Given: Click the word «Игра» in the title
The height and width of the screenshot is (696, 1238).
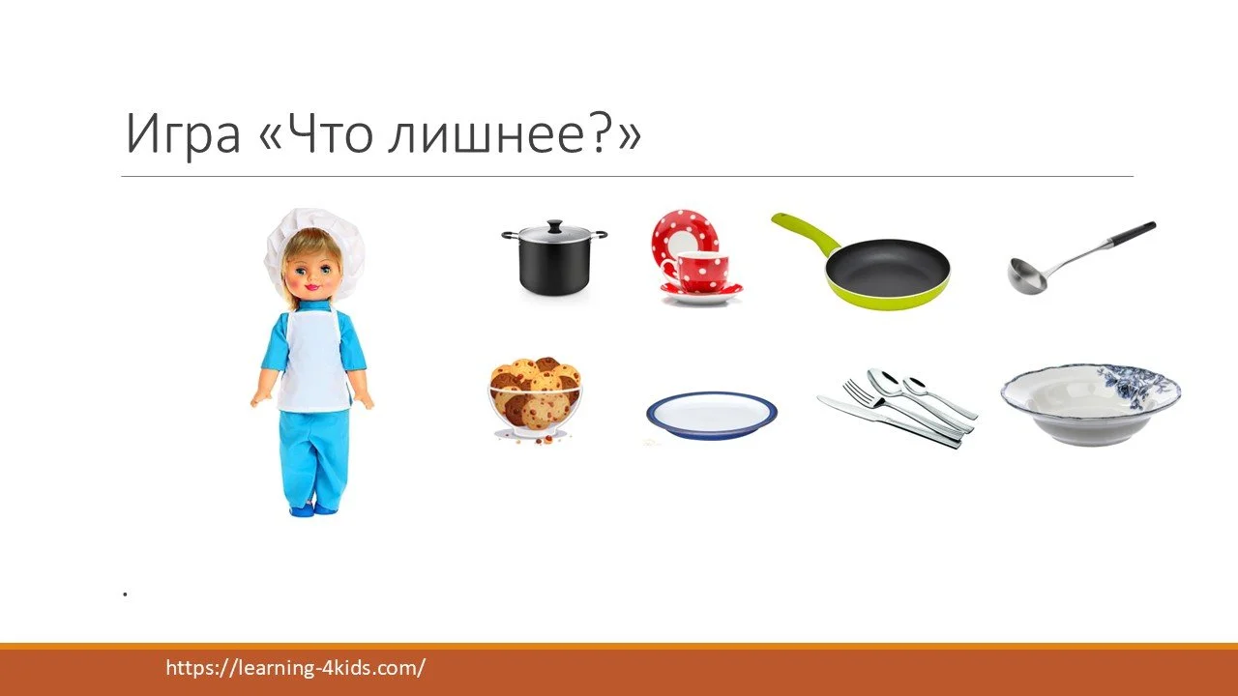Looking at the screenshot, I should coord(182,135).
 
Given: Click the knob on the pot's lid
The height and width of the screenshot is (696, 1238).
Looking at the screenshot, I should coord(553,225).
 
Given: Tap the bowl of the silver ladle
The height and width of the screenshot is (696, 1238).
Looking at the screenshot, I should coord(1025,275).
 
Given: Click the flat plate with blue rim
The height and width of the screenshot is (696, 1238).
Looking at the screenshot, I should coord(712,413).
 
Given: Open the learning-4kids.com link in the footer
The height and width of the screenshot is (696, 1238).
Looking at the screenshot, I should coord(296,668).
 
